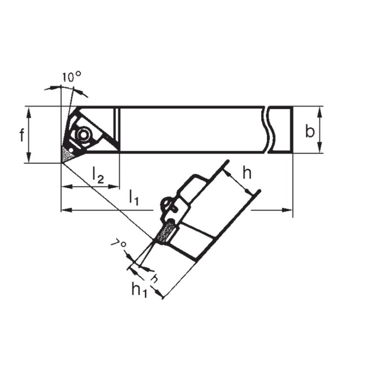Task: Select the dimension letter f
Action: pyautogui.click(x=22, y=135)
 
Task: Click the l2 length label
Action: pyautogui.click(x=98, y=177)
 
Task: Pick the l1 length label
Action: pyautogui.click(x=133, y=197)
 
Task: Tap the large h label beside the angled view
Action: pyautogui.click(x=246, y=173)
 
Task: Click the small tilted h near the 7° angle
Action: pyautogui.click(x=154, y=278)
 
